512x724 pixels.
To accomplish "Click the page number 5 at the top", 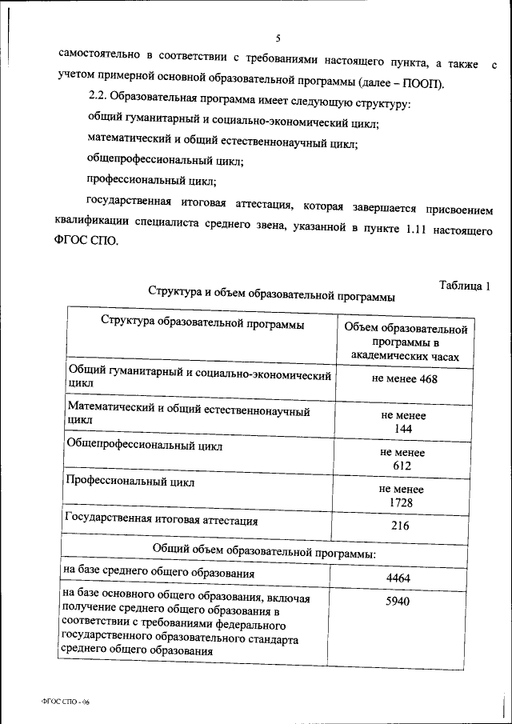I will [x=278, y=38].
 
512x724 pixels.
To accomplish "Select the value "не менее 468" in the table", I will [x=404, y=379].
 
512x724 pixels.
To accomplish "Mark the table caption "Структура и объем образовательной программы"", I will [x=271, y=294].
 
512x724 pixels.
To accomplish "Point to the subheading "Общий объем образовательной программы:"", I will [x=264, y=551].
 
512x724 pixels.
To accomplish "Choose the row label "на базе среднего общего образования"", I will [x=158, y=573].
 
